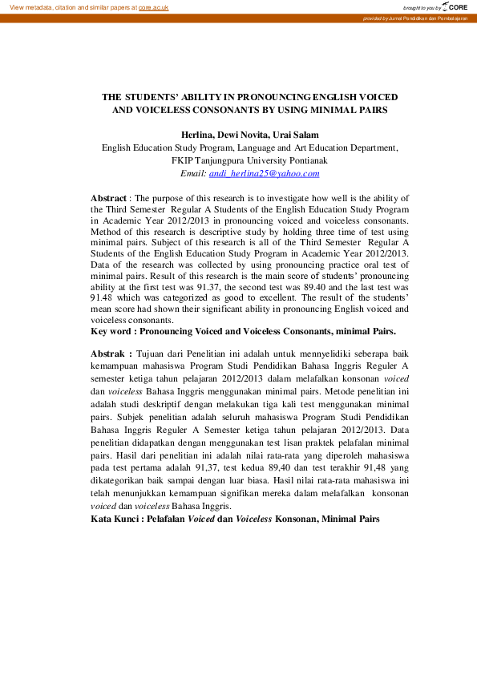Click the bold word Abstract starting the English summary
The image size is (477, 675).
(109, 198)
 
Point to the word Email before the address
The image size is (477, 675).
(193, 173)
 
